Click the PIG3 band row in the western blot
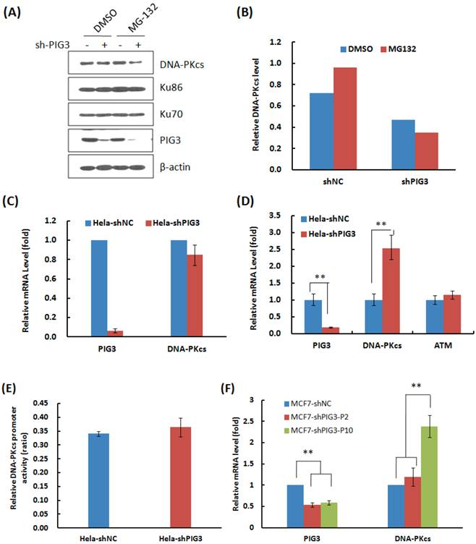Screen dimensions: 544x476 tap(105, 138)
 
